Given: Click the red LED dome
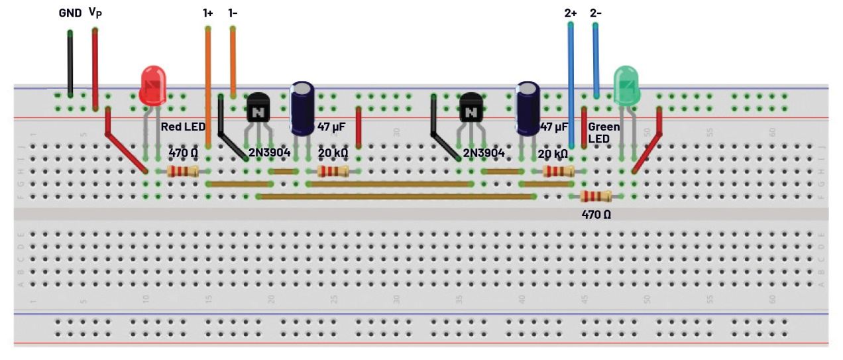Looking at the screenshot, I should (153, 84).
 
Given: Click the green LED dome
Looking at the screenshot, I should (626, 84).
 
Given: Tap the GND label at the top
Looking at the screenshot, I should (70, 13).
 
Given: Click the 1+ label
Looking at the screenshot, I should (208, 13).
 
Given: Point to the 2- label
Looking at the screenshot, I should (595, 13).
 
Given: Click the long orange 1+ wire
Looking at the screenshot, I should (208, 86).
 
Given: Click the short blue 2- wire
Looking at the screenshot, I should (595, 60).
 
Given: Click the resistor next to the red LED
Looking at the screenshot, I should (183, 172).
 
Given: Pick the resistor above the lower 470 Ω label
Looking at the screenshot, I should (595, 196).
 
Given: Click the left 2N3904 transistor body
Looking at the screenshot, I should (258, 107).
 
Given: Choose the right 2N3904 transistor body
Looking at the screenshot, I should (471, 107).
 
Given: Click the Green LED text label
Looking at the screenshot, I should (604, 132).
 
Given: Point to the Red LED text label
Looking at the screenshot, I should (183, 127).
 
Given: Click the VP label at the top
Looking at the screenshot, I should (95, 13).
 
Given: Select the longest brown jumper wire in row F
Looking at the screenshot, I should (396, 196).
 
